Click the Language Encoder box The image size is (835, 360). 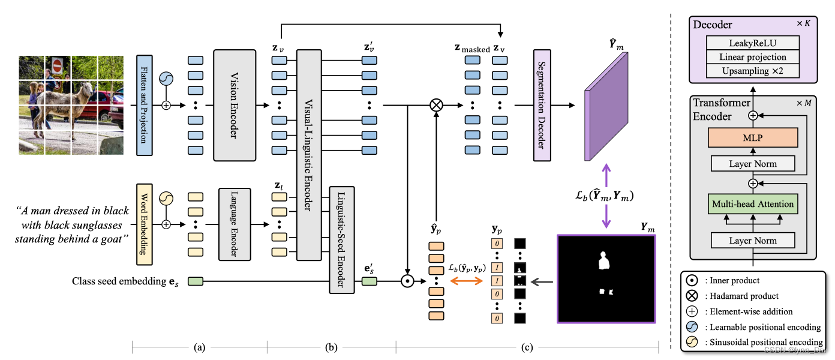(235, 224)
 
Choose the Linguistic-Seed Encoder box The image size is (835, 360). (341, 239)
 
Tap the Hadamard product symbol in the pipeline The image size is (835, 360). (436, 105)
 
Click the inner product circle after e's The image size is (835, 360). (407, 280)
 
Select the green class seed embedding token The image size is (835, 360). (196, 280)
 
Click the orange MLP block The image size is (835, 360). (753, 137)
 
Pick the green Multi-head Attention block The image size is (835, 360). (753, 204)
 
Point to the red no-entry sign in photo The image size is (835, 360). (58, 65)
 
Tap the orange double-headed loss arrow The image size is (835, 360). (465, 280)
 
